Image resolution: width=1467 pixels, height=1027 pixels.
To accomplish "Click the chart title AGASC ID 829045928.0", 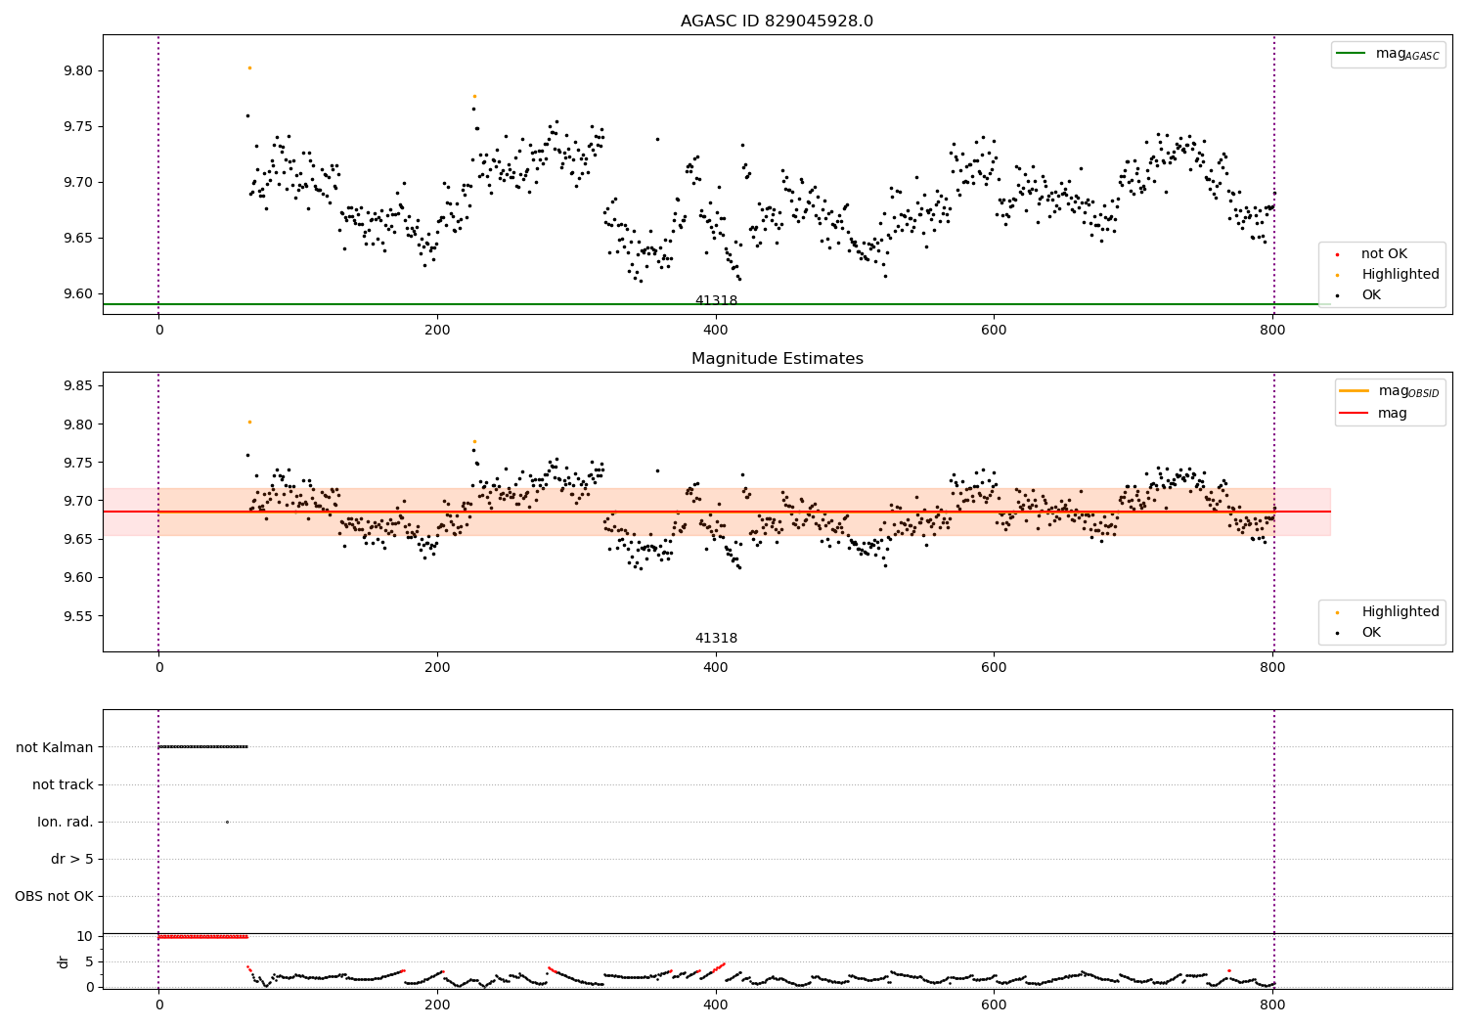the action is (x=777, y=21).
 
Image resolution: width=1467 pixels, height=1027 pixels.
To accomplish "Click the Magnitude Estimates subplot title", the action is (x=778, y=358).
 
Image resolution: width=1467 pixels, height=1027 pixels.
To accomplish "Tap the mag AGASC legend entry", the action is (x=1388, y=55).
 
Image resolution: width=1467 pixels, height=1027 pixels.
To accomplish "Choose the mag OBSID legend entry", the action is (x=1389, y=391).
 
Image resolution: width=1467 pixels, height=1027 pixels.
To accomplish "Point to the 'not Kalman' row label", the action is (x=55, y=747).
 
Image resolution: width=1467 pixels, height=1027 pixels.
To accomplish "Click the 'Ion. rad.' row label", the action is (x=65, y=822).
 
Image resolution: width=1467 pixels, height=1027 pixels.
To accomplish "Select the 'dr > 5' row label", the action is (x=72, y=860).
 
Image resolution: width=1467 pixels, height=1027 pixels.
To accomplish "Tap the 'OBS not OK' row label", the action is (x=55, y=896).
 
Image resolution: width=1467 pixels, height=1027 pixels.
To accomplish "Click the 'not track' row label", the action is (x=63, y=784).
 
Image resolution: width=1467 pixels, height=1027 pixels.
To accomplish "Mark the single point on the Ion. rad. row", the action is (x=227, y=822).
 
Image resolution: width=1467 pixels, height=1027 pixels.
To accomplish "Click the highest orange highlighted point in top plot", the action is (x=249, y=68).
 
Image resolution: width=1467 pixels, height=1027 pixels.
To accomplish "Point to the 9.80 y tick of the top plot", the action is (x=78, y=70).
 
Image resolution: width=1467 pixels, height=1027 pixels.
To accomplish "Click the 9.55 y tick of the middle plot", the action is (x=78, y=616).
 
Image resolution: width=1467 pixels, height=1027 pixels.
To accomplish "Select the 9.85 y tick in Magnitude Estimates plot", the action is (x=78, y=385).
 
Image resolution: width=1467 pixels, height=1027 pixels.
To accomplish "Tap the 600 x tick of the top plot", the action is (x=994, y=331).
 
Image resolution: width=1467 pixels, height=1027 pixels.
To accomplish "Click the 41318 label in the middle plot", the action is (x=716, y=638).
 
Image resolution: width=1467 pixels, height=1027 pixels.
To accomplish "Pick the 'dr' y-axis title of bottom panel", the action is (x=63, y=961).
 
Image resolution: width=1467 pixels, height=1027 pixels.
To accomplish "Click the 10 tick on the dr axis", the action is (x=84, y=937).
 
